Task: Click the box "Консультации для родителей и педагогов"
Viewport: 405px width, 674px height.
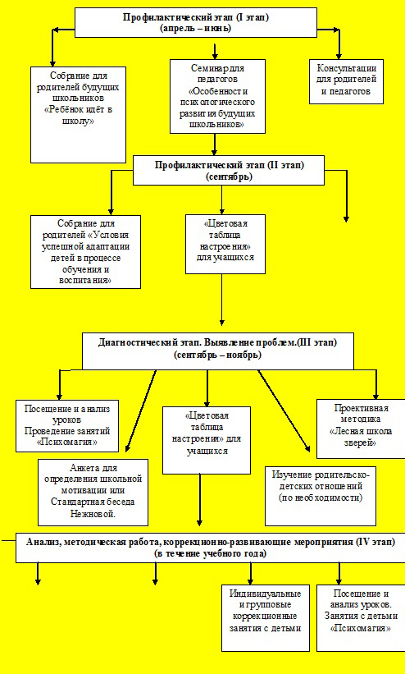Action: [346, 81]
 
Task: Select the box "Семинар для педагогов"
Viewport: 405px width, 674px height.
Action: [217, 96]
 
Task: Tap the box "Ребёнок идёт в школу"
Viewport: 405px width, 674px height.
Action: [78, 114]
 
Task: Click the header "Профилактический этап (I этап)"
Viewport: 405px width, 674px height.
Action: [196, 22]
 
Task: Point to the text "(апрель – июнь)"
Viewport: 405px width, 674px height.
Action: [196, 29]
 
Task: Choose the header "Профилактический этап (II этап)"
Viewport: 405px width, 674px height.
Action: [229, 170]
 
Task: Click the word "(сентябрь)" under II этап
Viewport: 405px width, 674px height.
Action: [229, 177]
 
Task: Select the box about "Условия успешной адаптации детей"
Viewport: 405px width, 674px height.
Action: [85, 251]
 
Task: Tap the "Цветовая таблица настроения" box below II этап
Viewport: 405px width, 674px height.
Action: [225, 244]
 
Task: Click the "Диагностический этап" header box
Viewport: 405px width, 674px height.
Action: [218, 351]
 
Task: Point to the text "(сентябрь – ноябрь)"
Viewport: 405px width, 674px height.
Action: [218, 355]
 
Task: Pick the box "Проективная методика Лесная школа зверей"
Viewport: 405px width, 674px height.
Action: [361, 429]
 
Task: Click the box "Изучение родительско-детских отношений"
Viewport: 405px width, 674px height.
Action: [321, 496]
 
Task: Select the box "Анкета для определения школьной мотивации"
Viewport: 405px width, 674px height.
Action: [93, 493]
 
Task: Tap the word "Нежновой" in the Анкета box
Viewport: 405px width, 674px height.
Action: [93, 514]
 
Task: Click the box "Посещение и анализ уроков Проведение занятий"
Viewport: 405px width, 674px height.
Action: [67, 425]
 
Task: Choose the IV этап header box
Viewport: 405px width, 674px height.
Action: [210, 548]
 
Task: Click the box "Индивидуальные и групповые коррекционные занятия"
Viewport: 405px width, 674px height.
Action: [265, 617]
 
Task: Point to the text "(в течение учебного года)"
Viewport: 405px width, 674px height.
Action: [210, 553]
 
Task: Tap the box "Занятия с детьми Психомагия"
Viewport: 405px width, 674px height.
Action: [361, 617]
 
